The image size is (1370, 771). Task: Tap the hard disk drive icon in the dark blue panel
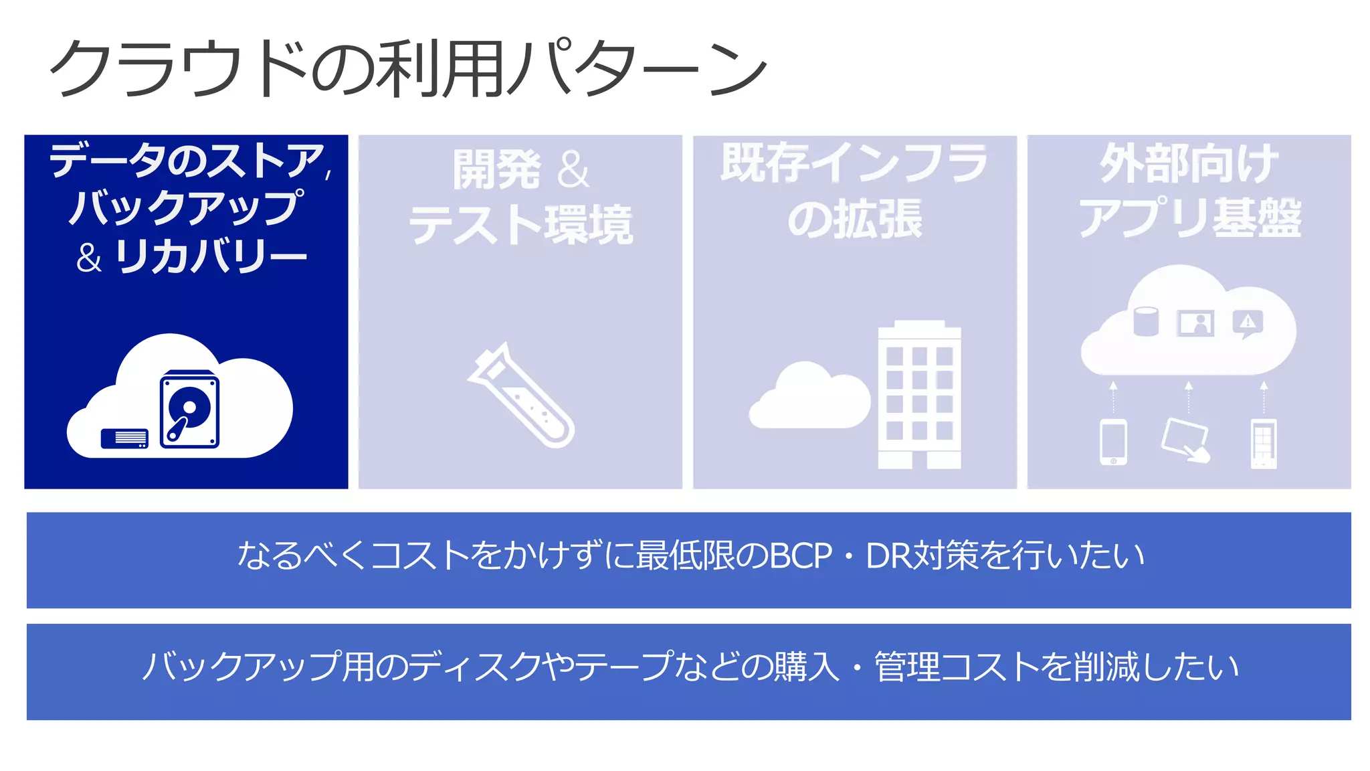point(189,410)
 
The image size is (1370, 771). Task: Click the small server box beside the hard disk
point(124,438)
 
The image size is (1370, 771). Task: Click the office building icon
point(919,395)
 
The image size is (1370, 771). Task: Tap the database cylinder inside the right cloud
point(1146,321)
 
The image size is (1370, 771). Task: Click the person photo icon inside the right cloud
point(1195,323)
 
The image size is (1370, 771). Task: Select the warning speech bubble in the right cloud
point(1248,324)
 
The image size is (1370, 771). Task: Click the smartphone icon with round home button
point(1113,442)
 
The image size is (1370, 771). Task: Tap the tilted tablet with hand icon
point(1186,440)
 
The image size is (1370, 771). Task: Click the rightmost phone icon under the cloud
point(1264,443)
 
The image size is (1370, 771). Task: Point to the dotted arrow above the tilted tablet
point(1189,398)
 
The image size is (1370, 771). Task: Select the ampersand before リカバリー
point(89,258)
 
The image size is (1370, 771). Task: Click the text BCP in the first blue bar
point(801,556)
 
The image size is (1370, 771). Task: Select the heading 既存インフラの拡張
point(854,191)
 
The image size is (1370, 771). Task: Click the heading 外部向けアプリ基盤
point(1189,191)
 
